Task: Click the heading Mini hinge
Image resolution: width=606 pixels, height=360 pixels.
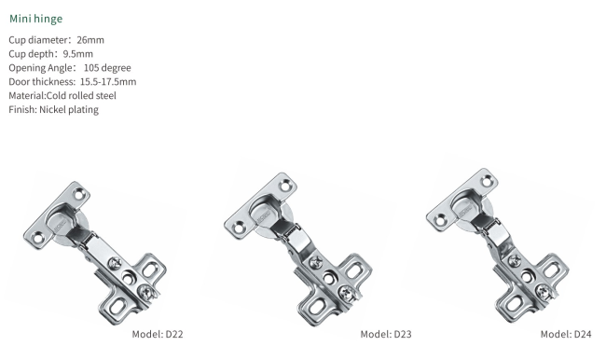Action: point(36,19)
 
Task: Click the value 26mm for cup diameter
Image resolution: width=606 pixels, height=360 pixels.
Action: point(90,40)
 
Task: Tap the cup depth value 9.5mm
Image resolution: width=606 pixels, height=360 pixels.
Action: point(78,54)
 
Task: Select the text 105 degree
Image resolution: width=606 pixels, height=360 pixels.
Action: point(107,68)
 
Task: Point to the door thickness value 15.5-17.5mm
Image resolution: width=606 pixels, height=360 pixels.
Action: point(108,82)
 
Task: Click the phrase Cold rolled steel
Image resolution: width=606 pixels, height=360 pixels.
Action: point(81,96)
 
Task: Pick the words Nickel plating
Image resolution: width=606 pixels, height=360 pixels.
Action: point(69,110)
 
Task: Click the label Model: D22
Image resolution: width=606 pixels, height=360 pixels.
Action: point(158,334)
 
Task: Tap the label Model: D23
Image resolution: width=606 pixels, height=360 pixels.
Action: point(386,334)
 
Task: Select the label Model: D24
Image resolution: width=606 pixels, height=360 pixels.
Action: point(566,334)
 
